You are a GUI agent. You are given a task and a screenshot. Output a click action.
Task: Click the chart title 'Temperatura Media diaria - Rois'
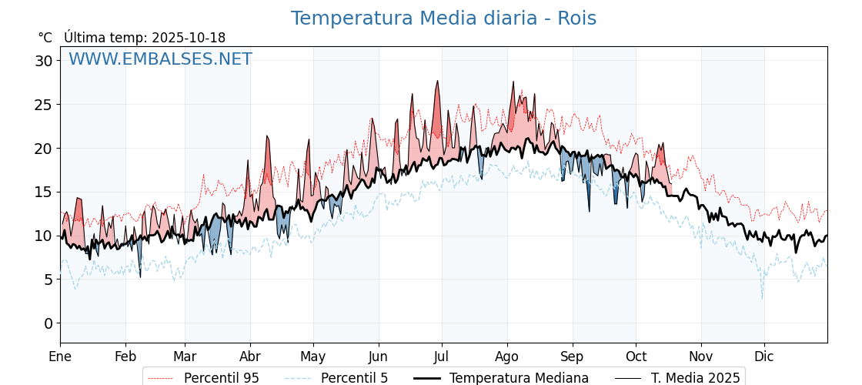[443, 18]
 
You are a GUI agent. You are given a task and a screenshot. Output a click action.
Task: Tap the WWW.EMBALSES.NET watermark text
[160, 59]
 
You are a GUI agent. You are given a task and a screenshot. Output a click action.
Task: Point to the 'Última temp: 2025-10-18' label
[145, 38]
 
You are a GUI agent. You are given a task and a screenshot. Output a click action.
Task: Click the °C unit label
[45, 38]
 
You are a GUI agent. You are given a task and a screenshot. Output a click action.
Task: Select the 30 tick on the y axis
[44, 61]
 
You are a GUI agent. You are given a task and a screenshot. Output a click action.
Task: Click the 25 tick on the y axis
[44, 105]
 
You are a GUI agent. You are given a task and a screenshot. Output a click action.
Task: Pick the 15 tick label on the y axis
[44, 192]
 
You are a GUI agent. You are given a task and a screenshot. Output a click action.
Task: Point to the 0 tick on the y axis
[48, 323]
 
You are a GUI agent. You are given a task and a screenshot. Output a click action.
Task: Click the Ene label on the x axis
[60, 357]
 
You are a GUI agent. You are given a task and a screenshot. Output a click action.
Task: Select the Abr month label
[250, 357]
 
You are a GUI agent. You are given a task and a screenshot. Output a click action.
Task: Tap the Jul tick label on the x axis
[442, 357]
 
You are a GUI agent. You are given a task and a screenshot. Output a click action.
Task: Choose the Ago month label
[507, 357]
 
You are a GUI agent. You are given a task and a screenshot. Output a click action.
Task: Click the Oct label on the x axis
[636, 357]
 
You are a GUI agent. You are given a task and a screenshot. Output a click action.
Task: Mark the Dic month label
[764, 357]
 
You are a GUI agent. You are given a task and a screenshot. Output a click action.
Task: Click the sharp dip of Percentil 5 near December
[763, 298]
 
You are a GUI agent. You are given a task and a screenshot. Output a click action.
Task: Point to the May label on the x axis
[313, 357]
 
